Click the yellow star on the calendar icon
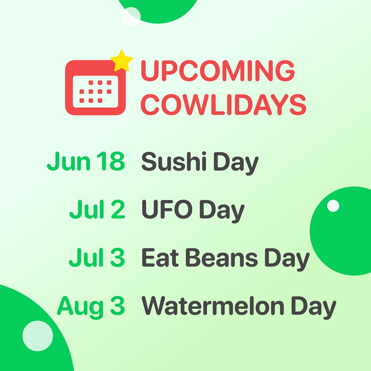click(x=122, y=61)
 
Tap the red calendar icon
click(x=95, y=88)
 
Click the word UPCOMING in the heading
click(x=218, y=70)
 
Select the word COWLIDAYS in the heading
click(x=223, y=105)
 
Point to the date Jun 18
click(x=86, y=161)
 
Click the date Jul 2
click(x=97, y=209)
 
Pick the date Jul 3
click(x=97, y=257)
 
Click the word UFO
click(x=167, y=209)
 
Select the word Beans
click(x=222, y=257)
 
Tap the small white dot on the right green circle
click(x=333, y=206)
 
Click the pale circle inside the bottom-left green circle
click(x=37, y=336)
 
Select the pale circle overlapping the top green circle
click(x=131, y=17)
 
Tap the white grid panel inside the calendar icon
click(x=95, y=92)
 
